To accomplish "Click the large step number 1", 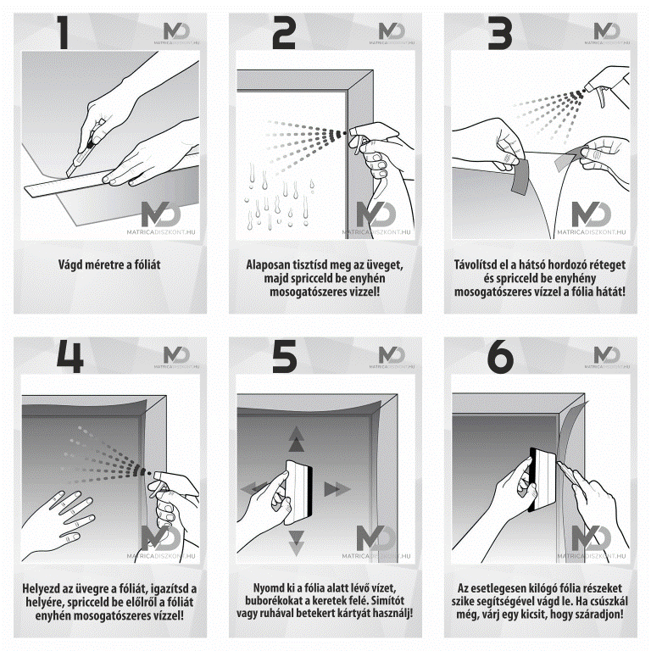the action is [63, 32].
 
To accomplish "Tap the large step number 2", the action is [284, 33].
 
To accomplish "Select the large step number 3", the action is [499, 33].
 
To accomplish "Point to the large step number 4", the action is [70, 356].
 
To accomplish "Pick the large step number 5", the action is [285, 356].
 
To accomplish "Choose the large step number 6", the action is [500, 356].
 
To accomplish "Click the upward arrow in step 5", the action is [296, 439].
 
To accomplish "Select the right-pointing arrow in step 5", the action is [337, 489].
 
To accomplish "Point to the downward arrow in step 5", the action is [296, 542].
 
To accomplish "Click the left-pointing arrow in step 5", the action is [254, 488].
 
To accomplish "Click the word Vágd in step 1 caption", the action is [70, 264].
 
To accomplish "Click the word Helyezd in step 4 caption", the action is [41, 588].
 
